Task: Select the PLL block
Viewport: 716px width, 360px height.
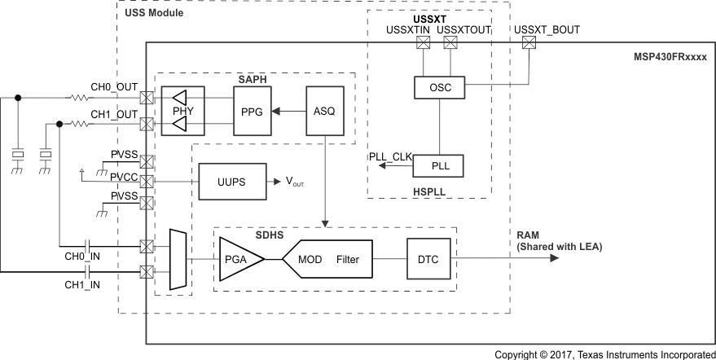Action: point(438,166)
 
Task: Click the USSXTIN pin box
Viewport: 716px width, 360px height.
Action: point(422,45)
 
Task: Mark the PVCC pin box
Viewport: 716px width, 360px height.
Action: point(147,180)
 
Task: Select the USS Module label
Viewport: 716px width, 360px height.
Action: point(153,13)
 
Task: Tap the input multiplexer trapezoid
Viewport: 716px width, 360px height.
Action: point(176,259)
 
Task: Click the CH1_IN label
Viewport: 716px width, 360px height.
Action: point(83,284)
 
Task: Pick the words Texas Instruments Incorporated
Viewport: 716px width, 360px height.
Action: point(639,353)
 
